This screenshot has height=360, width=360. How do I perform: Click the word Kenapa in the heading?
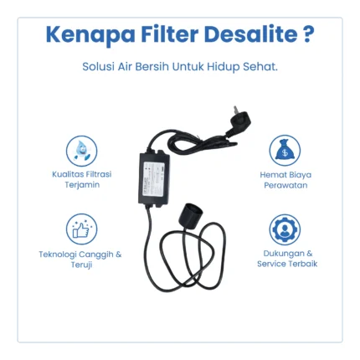(x=90, y=34)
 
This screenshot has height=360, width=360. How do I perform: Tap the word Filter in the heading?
(x=170, y=34)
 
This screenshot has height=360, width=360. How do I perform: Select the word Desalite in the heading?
(x=250, y=34)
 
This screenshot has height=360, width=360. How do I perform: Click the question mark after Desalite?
(x=308, y=34)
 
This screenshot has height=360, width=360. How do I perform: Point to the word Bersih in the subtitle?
(x=152, y=67)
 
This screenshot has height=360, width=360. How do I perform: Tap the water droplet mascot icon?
(x=81, y=151)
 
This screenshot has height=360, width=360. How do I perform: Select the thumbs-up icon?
(x=81, y=229)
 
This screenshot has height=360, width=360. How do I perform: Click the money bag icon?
(x=285, y=151)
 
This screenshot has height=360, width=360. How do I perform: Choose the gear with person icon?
(x=285, y=229)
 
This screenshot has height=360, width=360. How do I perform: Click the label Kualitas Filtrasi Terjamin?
(x=82, y=179)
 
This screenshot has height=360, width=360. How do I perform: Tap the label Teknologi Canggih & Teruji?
(x=80, y=260)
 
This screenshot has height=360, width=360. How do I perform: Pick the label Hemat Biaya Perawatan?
(x=285, y=180)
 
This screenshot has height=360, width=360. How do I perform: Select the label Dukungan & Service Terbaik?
(x=287, y=259)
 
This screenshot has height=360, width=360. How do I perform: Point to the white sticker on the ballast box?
(x=153, y=178)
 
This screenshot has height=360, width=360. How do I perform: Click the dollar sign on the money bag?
(x=285, y=152)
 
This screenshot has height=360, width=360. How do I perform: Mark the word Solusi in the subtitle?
(x=98, y=67)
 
